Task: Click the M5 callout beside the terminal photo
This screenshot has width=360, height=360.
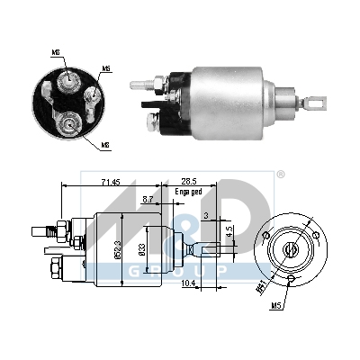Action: click(107, 68)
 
